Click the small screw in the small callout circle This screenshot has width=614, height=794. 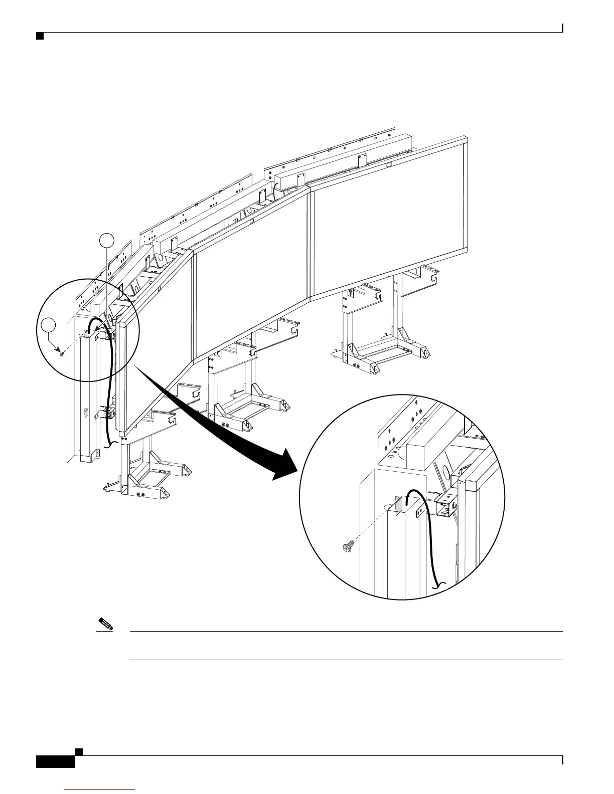[61, 354]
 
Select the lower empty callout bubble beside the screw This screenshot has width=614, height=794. [48, 325]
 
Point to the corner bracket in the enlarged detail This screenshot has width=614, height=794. [445, 505]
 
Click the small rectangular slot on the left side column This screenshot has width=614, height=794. [85, 414]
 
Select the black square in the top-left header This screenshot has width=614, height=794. [39, 36]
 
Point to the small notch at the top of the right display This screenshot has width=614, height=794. [388, 164]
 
